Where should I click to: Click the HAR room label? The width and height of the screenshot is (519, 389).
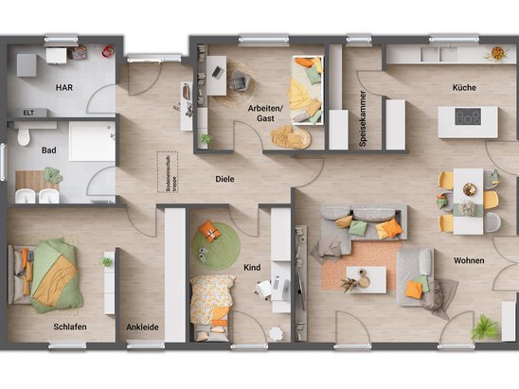point(64,87)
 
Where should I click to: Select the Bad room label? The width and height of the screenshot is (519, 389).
point(49,150)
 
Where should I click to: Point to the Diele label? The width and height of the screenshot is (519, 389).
point(224,178)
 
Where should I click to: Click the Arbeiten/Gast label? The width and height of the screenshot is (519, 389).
point(267,115)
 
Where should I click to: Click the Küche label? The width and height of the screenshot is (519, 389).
point(464,87)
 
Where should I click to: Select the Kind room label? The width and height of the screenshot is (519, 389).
point(252,267)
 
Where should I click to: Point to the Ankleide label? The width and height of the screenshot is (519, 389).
point(142,327)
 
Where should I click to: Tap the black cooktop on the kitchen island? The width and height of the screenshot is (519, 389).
point(467,116)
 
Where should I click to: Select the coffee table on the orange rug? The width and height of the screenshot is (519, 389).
point(365,276)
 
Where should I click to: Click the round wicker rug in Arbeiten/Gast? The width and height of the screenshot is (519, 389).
point(291,138)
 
